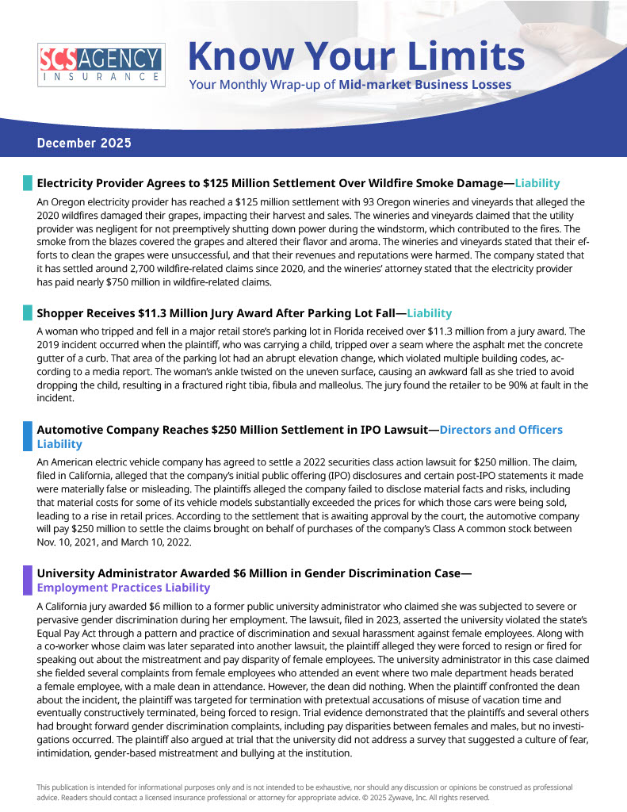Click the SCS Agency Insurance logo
coord(101,64)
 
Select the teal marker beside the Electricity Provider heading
coord(28,183)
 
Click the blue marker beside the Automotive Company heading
coord(28,436)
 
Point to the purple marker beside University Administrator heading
coord(28,580)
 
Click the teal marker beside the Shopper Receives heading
coord(28,313)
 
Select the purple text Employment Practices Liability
coord(124,588)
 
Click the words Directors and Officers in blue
coord(501,430)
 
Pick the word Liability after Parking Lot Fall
coord(423,313)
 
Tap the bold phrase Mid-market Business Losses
coord(425,85)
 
